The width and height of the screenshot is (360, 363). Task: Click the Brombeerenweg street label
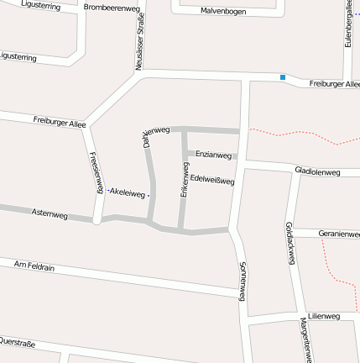pyautogui.click(x=112, y=8)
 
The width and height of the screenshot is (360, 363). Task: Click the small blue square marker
pyautogui.click(x=283, y=78)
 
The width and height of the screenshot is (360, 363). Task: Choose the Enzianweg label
pyautogui.click(x=213, y=155)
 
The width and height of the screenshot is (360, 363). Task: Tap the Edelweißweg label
pyautogui.click(x=212, y=179)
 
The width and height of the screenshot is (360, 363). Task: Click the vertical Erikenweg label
pyautogui.click(x=185, y=180)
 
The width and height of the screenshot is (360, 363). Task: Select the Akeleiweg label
pyautogui.click(x=128, y=192)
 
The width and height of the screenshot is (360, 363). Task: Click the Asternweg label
pyautogui.click(x=49, y=214)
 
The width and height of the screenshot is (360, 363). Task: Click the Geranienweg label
pyautogui.click(x=338, y=234)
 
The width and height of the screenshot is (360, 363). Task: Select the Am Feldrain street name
pyautogui.click(x=34, y=265)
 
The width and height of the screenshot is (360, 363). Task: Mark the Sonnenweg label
pyautogui.click(x=243, y=281)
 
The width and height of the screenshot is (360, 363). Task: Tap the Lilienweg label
pyautogui.click(x=323, y=317)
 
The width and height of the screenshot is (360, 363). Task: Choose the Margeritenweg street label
pyautogui.click(x=306, y=339)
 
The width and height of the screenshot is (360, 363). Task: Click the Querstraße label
pyautogui.click(x=17, y=342)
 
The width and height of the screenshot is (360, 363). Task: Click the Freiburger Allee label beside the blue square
pyautogui.click(x=334, y=84)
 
